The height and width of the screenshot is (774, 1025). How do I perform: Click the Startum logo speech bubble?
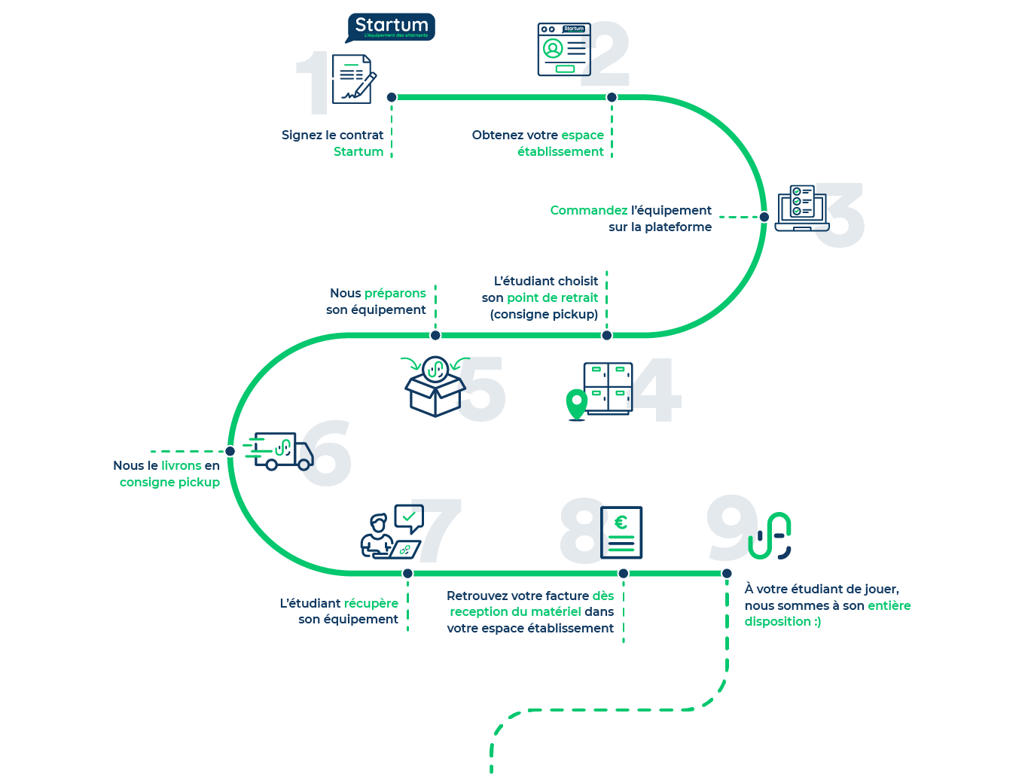pos(390,28)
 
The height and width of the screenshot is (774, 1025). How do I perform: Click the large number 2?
pos(606,54)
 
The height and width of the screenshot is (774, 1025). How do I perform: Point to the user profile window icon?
pos(561,50)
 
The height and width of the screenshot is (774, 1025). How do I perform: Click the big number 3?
pos(839,215)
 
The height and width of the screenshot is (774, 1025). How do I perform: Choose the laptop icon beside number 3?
pos(799,208)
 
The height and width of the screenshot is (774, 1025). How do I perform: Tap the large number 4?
pos(654,390)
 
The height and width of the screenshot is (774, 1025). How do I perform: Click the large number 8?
pos(584,531)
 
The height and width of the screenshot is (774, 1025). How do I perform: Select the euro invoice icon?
pos(624,532)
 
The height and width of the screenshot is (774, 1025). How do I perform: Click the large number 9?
pos(731,527)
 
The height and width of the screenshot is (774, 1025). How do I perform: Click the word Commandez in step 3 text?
pos(588,211)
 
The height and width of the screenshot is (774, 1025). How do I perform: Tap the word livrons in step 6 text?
pos(182,466)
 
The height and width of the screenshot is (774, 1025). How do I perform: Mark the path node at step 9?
pos(727,574)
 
